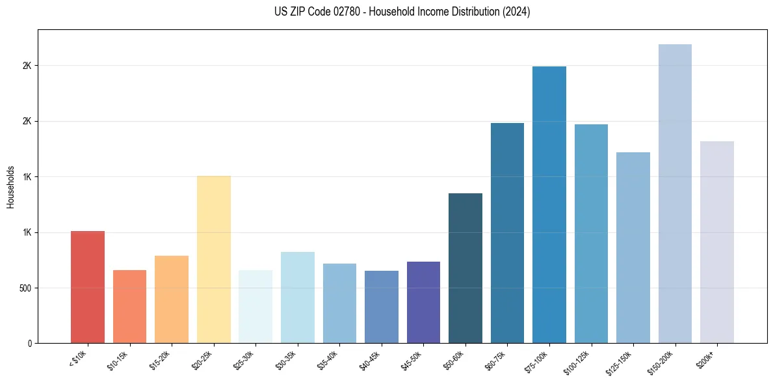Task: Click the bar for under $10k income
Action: click(88, 287)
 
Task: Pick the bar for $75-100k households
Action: click(549, 204)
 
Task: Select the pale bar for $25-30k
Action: click(255, 307)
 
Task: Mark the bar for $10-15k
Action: click(129, 307)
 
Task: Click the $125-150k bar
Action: click(633, 247)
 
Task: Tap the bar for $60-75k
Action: click(507, 233)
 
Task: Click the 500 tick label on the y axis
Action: click(26, 288)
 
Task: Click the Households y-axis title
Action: click(11, 186)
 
